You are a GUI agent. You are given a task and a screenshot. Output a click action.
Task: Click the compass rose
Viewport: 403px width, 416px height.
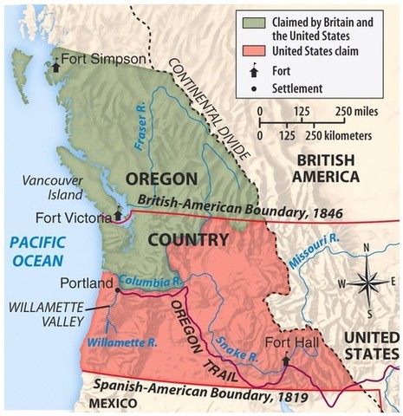367,282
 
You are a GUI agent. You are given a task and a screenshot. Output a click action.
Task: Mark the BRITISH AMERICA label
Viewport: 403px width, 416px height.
326,167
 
